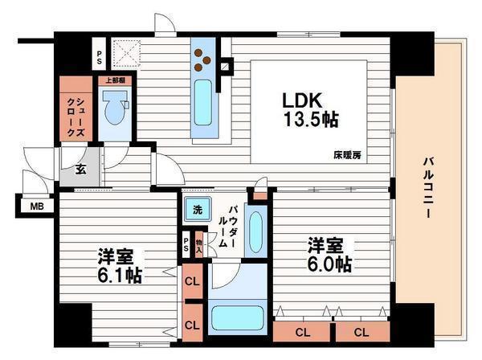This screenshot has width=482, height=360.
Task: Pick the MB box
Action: [x=37, y=207]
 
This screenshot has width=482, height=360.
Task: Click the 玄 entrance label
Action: [x=81, y=170]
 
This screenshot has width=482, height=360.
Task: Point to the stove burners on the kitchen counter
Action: [x=202, y=59]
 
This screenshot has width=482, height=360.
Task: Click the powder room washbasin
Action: [x=255, y=231]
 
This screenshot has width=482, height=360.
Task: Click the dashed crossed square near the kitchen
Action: [x=125, y=54]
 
